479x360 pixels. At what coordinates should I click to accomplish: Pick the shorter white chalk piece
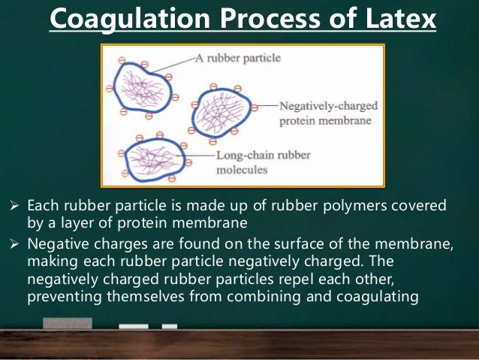(170, 326)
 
